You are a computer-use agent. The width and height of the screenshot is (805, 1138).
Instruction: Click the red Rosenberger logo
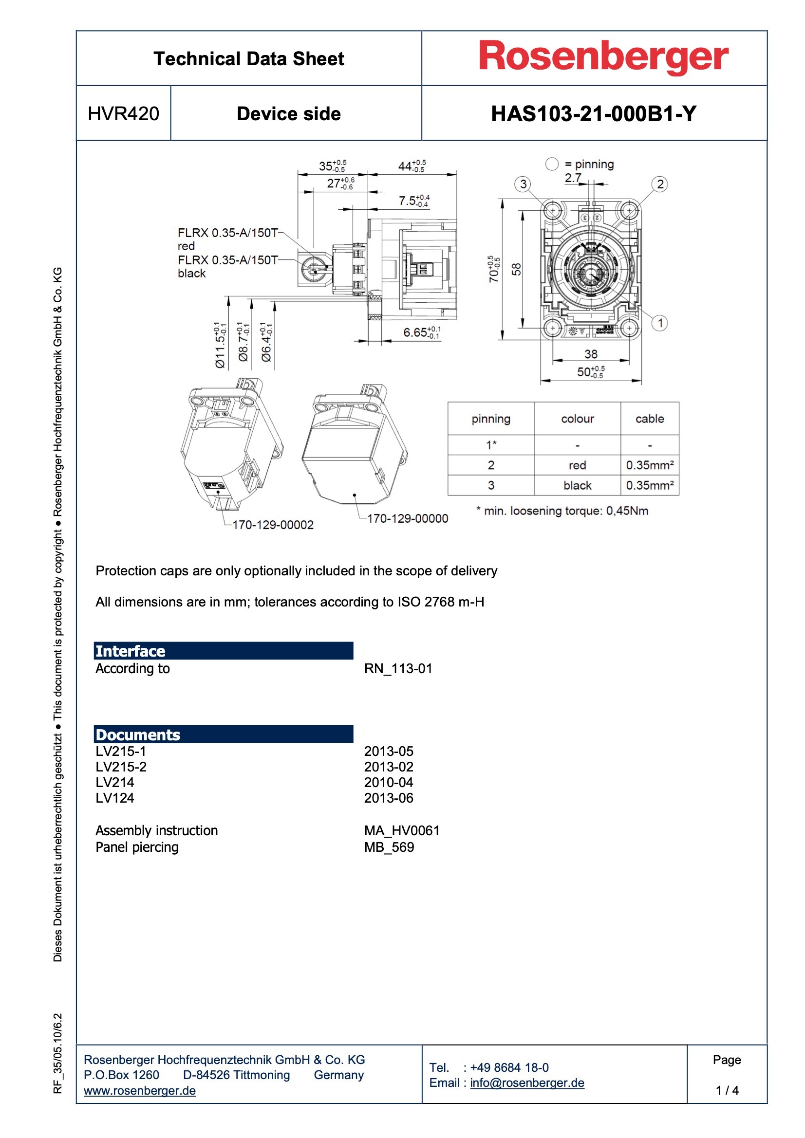[x=603, y=57]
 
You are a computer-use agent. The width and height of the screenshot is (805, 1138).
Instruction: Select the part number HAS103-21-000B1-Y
[x=594, y=114]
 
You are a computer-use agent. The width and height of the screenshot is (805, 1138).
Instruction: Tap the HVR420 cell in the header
[x=124, y=114]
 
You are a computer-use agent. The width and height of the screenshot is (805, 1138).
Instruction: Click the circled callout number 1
[x=660, y=323]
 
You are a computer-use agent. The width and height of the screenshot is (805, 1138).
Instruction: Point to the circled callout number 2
[x=660, y=184]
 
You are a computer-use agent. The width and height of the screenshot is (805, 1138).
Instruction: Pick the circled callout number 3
[x=523, y=184]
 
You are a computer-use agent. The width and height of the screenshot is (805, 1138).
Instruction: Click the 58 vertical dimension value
[x=516, y=269]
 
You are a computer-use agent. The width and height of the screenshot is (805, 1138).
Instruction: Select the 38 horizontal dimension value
[x=591, y=354]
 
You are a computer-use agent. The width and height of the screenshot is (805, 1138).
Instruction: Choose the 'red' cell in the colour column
[x=578, y=465]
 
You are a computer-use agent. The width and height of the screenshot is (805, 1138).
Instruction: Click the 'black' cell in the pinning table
[x=578, y=485]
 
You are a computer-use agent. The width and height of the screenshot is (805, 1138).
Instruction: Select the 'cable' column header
[x=649, y=419]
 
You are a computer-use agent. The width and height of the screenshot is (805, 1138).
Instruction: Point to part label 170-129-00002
[x=273, y=525]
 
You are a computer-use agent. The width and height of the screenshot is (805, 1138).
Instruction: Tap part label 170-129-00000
[x=407, y=518]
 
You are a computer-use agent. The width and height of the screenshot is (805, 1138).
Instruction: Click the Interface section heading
[x=131, y=651]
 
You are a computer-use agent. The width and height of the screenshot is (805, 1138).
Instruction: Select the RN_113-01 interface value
[x=398, y=669]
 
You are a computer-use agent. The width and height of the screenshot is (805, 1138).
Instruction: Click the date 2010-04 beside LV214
[x=388, y=783]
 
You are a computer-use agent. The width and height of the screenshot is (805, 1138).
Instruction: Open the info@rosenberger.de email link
[x=527, y=1083]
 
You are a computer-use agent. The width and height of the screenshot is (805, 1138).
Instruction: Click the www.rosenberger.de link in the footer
[x=140, y=1091]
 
